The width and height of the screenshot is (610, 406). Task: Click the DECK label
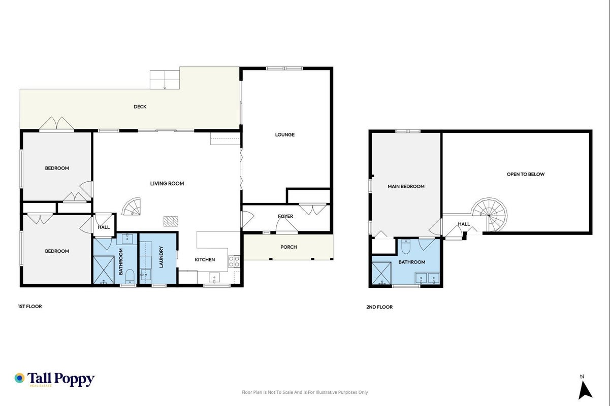click(140, 107)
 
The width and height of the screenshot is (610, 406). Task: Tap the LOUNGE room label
click(284, 134)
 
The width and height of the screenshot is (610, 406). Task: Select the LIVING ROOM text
click(167, 183)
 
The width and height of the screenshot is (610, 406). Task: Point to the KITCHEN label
click(205, 260)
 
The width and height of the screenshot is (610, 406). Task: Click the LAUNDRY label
click(161, 257)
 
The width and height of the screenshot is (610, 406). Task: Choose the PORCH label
click(288, 247)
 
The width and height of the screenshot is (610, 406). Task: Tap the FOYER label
click(285, 216)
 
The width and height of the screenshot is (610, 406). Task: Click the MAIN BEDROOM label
click(406, 186)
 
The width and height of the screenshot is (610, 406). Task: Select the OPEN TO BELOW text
click(525, 174)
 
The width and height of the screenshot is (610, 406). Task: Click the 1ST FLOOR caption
click(30, 307)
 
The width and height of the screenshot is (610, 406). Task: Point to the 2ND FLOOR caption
click(379, 307)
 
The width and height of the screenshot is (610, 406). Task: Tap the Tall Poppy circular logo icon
click(20, 378)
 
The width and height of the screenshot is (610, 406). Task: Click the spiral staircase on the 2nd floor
click(490, 215)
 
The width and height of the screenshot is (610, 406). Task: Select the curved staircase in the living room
click(132, 206)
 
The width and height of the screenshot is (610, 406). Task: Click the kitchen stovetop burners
click(234, 261)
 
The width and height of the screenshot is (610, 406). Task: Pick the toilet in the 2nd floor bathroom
click(406, 247)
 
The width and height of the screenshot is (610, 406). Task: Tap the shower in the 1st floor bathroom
click(104, 270)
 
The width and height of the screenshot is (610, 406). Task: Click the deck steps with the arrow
click(165, 80)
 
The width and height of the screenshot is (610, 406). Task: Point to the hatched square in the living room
click(171, 221)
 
